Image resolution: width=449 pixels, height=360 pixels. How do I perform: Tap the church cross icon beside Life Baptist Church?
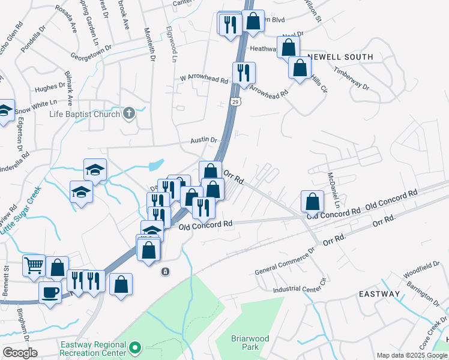128,113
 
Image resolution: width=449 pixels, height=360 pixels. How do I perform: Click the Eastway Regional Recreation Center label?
93,349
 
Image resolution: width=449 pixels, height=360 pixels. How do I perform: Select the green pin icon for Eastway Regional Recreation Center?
136,347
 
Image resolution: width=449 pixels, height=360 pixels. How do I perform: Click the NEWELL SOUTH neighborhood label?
340,57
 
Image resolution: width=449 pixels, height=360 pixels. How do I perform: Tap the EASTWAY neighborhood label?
379,294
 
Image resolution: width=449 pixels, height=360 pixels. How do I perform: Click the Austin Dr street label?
204,140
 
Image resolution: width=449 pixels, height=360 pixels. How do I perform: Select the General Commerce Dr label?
285,262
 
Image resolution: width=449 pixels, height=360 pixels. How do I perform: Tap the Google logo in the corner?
20,353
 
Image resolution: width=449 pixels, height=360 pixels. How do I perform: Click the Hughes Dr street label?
50,88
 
